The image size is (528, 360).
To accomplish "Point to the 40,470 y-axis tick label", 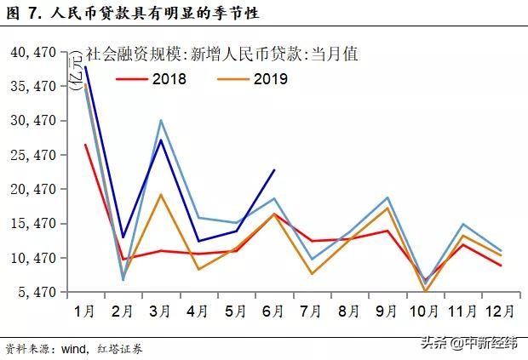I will (32, 53).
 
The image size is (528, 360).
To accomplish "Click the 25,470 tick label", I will (32, 156).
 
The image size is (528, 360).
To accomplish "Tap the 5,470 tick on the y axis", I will (36, 292).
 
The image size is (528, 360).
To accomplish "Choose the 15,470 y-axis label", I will (32, 224).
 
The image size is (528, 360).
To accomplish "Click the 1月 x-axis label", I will (85, 311).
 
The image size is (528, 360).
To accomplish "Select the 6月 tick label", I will (273, 311).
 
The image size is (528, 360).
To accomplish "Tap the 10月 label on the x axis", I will (425, 311).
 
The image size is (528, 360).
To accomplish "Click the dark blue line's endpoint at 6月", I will (274, 169).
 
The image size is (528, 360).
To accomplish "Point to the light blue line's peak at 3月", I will (161, 120).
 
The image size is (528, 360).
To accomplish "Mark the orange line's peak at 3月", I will (161, 195).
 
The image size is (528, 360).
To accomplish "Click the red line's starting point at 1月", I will (85, 145).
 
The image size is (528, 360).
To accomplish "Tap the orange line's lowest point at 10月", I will (425, 292).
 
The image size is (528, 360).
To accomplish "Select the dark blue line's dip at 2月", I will (123, 237).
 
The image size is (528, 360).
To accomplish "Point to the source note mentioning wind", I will (73, 349).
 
